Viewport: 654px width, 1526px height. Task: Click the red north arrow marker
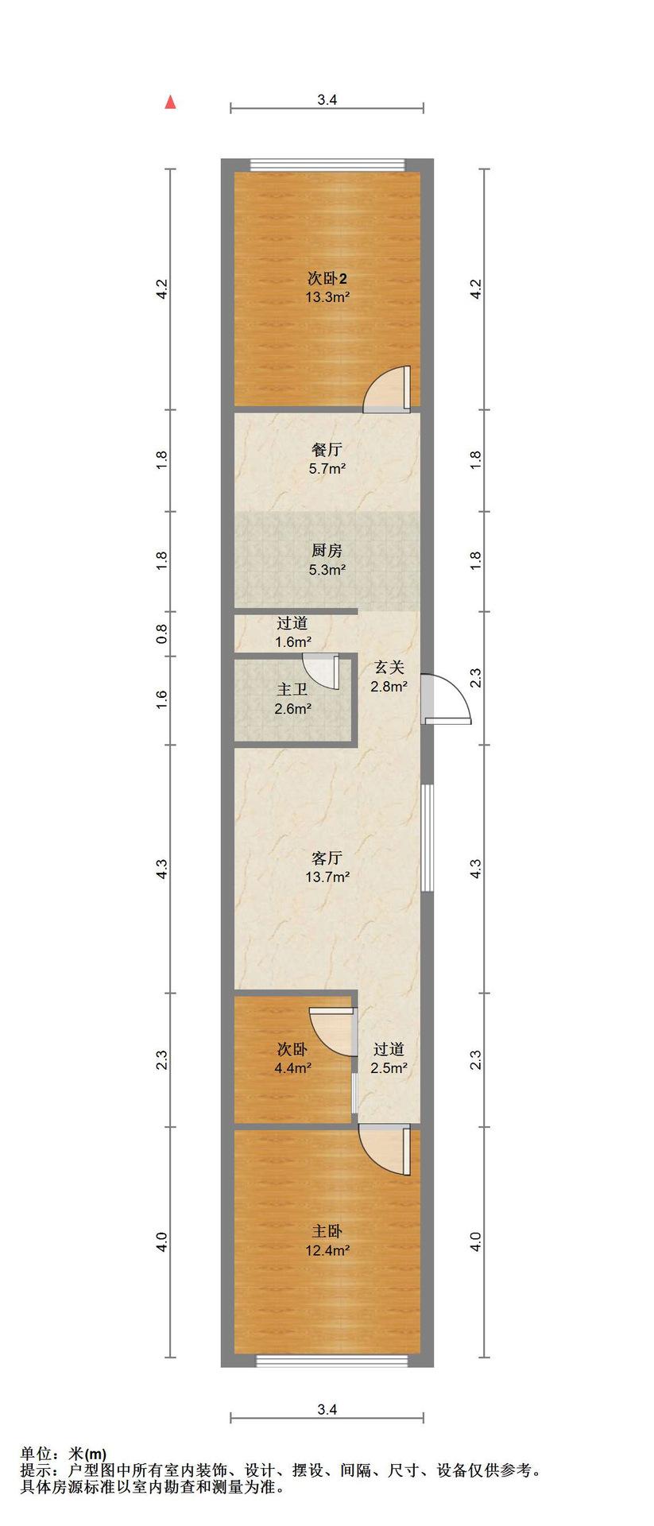click(x=169, y=102)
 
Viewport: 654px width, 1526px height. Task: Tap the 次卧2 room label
click(x=327, y=279)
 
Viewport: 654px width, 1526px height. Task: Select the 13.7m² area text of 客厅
click(x=327, y=877)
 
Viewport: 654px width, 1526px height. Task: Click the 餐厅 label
click(x=327, y=450)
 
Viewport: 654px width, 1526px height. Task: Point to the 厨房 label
click(x=327, y=550)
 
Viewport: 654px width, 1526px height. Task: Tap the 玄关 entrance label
click(x=389, y=668)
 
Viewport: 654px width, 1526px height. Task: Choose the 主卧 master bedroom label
click(x=327, y=1231)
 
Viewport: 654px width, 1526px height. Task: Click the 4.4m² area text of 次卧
click(x=292, y=1068)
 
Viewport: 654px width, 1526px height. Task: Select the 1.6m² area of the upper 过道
click(x=292, y=642)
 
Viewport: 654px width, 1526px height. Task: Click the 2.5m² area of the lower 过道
click(x=389, y=1068)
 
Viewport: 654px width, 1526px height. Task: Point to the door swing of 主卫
click(x=322, y=669)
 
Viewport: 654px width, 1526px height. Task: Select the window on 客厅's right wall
click(x=428, y=838)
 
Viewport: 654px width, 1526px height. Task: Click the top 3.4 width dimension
click(x=327, y=100)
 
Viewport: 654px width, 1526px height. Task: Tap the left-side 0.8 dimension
click(x=161, y=633)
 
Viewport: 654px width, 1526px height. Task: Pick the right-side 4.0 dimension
click(x=476, y=1241)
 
